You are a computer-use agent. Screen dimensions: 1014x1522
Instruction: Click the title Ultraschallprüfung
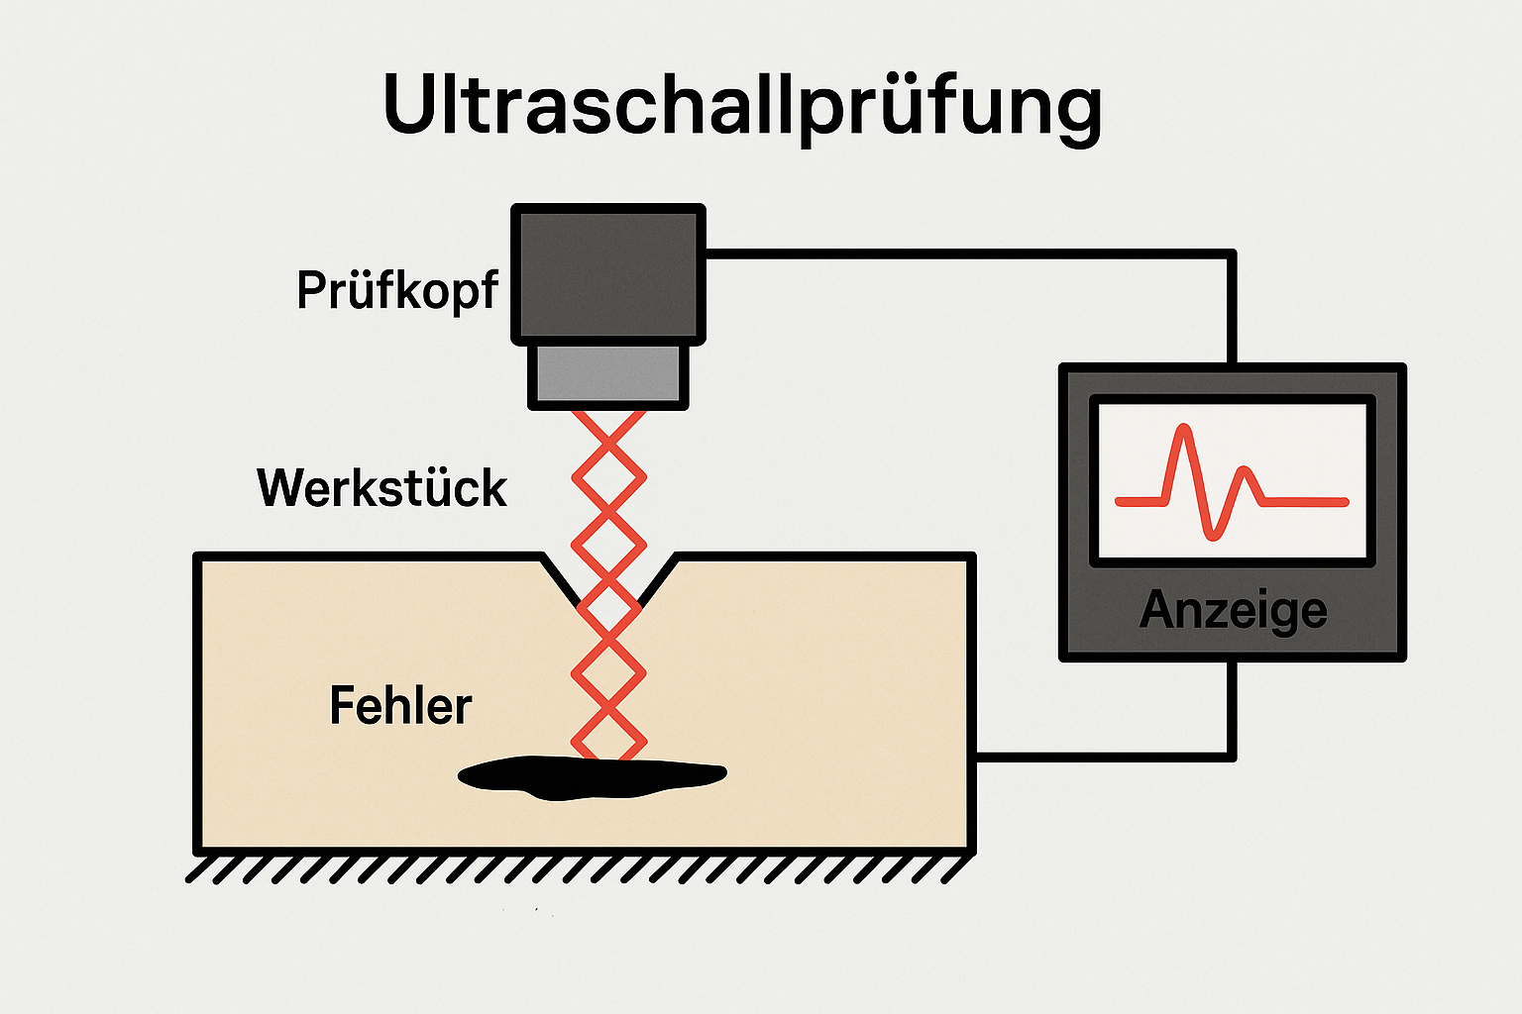click(741, 105)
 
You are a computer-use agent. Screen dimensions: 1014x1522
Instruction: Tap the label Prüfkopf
click(396, 290)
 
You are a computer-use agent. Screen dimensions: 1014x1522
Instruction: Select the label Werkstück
click(381, 488)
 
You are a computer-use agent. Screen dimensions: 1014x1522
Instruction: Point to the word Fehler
click(400, 706)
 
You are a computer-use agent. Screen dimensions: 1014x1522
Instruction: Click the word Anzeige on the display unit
click(1233, 610)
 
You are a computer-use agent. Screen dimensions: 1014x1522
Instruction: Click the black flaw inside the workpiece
click(591, 777)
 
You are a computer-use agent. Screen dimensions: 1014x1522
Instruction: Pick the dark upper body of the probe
click(608, 273)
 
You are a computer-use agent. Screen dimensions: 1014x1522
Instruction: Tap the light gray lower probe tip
click(608, 374)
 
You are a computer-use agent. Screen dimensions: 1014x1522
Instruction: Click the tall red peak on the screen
click(1181, 436)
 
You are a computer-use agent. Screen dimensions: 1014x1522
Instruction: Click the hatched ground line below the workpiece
click(575, 868)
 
